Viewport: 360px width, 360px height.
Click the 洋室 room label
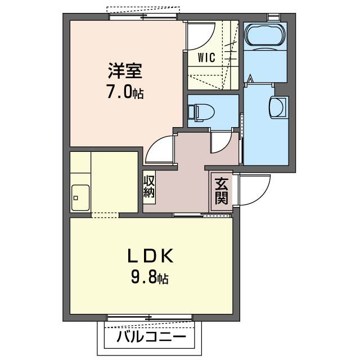(125, 71)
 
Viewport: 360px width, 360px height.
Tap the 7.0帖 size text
(125, 91)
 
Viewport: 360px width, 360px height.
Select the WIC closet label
(205, 57)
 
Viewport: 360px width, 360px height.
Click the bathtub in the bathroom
(265, 34)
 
